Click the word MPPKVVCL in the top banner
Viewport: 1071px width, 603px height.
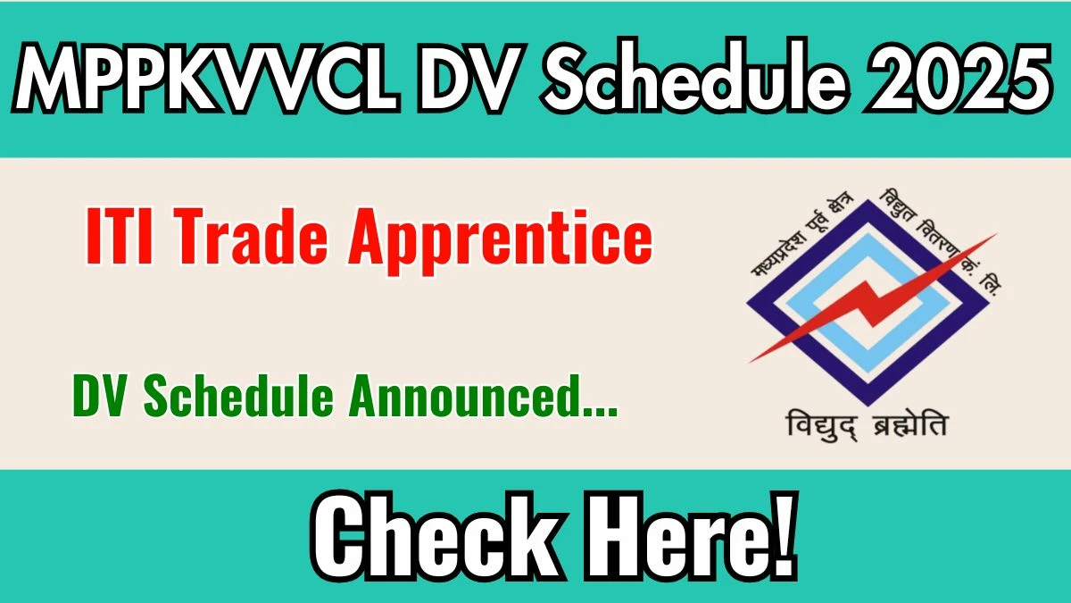coord(206,78)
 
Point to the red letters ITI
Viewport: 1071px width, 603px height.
coord(120,237)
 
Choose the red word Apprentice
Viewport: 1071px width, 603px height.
coord(500,242)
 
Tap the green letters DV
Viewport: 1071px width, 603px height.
coord(102,395)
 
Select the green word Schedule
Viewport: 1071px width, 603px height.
coord(238,395)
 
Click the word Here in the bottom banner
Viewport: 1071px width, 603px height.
coord(679,536)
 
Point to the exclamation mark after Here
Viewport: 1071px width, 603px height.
coord(785,535)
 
